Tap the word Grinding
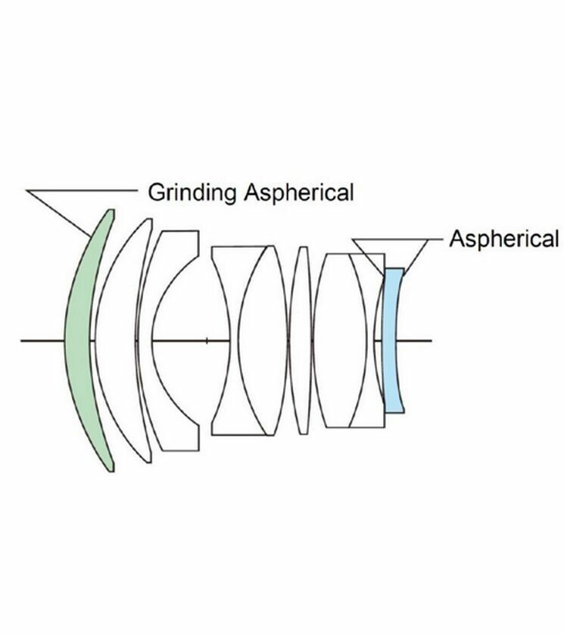pos(192,192)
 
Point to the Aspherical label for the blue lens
pos(503,239)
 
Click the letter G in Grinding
pos(156,192)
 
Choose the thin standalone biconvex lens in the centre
pos(301,340)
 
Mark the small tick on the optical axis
pos(207,340)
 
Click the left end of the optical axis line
pos(23,340)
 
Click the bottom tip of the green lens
pos(111,469)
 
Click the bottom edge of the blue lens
pos(394,411)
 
